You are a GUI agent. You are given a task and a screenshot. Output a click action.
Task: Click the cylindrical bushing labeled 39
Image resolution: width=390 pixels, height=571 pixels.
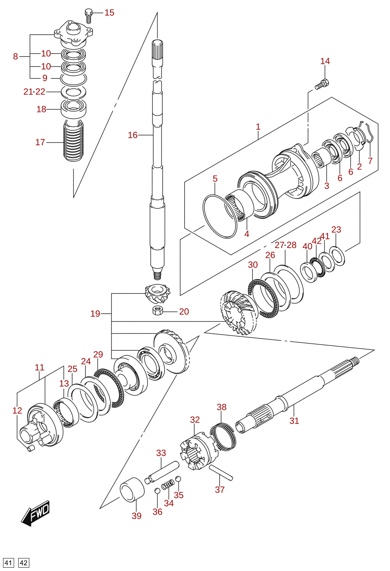pos(132,489)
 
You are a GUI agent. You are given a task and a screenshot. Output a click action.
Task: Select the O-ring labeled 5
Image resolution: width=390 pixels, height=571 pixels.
pos(220,216)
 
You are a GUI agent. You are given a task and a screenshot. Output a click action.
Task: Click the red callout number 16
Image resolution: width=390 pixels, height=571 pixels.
pos(133,135)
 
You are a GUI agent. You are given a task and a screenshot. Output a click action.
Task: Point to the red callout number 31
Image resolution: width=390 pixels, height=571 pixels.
pos(294,421)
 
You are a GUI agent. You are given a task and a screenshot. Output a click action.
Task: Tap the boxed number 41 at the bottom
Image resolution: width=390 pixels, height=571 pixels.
pos(8,563)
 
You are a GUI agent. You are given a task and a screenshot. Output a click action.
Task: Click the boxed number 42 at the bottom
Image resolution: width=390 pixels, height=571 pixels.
pos(24,563)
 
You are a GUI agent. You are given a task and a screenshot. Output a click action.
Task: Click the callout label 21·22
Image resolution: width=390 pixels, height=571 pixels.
pos(34,91)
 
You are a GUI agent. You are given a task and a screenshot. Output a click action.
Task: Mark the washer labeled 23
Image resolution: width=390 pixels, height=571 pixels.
pos(337,256)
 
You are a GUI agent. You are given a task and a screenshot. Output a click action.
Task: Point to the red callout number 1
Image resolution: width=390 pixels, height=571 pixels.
pos(258,127)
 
